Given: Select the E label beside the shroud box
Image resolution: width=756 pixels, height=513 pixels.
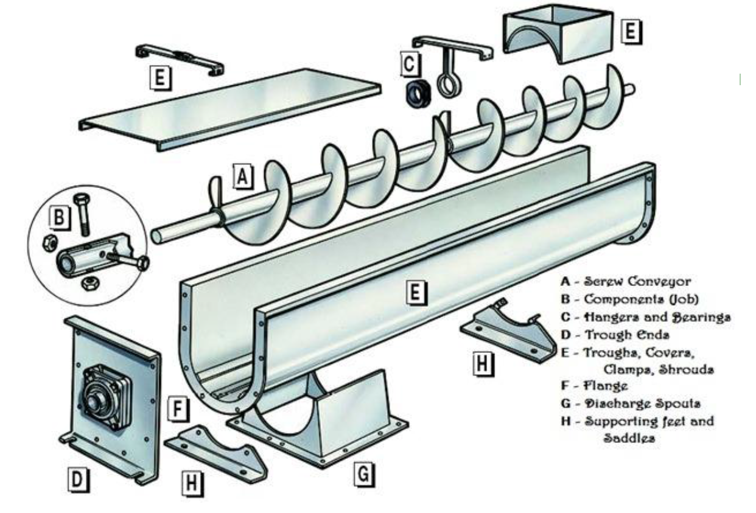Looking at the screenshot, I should pyautogui.click(x=631, y=30).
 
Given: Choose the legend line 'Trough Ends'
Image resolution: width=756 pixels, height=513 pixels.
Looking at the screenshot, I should pyautogui.click(x=627, y=334).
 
